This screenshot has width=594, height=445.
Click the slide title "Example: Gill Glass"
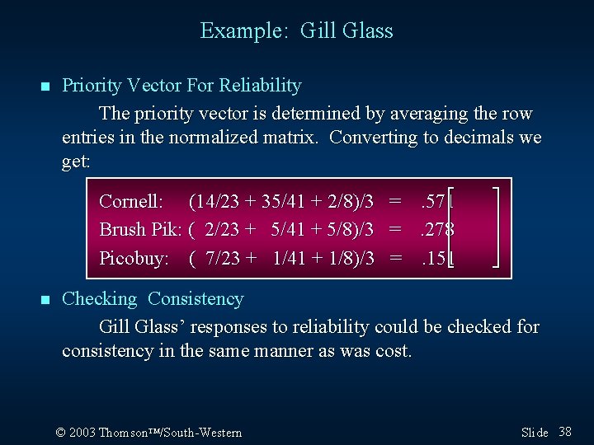tap(296, 31)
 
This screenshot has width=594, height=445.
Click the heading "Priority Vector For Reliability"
tap(181, 86)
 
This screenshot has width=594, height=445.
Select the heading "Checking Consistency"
tap(153, 299)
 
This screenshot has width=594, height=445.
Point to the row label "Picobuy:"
tap(134, 258)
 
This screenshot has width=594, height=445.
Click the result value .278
tap(437, 229)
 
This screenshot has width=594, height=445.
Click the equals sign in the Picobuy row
tap(396, 258)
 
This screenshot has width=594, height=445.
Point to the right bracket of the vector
tap(498, 228)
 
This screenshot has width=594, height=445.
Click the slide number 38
tap(565, 432)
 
